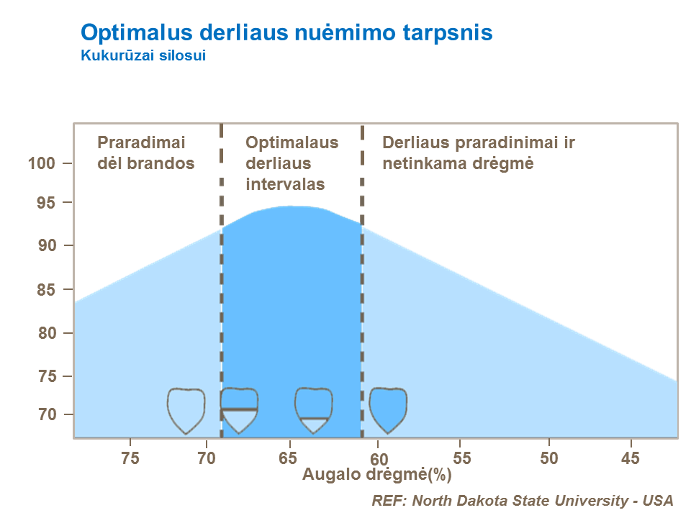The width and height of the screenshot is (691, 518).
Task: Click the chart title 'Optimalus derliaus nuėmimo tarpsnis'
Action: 286,32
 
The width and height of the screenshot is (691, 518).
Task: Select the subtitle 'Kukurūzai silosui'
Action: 144,55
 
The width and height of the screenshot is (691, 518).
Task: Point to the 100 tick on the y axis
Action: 42,163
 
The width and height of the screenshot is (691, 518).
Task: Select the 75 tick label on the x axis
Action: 130,458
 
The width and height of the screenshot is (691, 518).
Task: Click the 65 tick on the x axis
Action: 289,458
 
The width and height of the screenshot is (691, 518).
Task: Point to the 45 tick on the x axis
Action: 631,458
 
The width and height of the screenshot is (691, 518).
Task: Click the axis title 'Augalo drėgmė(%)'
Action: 376,474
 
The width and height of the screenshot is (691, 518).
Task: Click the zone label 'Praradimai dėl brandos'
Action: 146,153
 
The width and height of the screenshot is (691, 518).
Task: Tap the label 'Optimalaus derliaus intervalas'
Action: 292,163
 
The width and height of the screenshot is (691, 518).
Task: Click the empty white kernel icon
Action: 186,409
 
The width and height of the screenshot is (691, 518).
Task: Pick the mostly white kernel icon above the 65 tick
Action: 314,409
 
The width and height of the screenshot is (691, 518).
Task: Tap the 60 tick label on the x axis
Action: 379,458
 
